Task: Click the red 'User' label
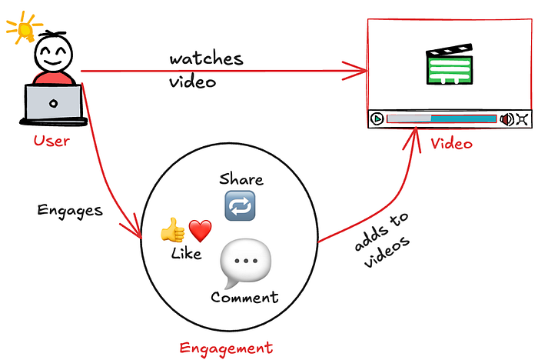click(51, 141)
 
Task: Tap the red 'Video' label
click(451, 143)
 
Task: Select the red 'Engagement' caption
click(226, 348)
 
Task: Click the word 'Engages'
click(70, 210)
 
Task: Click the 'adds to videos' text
click(382, 246)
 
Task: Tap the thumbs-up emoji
click(172, 230)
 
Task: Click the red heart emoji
click(200, 230)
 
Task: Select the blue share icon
click(239, 205)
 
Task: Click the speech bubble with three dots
click(245, 262)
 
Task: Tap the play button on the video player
click(377, 118)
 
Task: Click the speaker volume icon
click(506, 118)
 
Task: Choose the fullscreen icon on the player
click(522, 118)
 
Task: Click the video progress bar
click(441, 118)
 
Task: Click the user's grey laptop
click(54, 104)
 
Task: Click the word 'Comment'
click(244, 298)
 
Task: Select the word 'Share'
click(241, 180)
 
